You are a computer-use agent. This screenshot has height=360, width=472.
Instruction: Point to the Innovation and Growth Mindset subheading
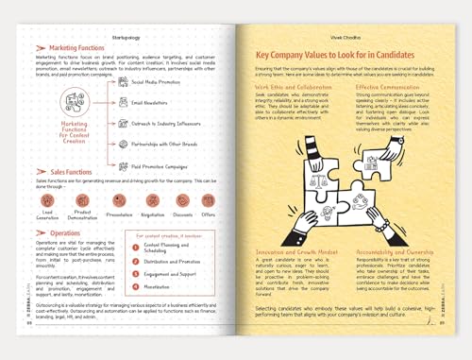pos(295,251)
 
